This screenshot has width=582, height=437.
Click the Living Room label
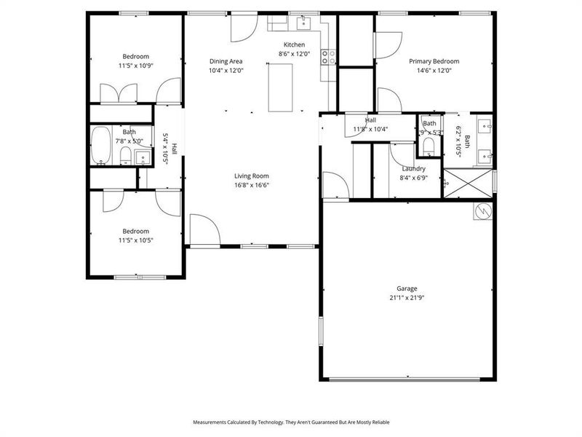tap(252, 176)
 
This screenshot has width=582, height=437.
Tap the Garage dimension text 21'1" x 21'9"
tap(407, 298)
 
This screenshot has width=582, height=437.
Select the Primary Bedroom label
tap(434, 62)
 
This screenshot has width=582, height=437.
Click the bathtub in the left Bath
tap(100, 146)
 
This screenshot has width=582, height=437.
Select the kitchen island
tap(281, 87)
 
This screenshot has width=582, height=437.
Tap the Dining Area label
tap(226, 62)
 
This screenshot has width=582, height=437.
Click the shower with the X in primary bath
tap(468, 183)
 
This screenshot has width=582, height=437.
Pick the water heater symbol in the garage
tap(482, 212)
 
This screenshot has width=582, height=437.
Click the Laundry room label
tap(413, 168)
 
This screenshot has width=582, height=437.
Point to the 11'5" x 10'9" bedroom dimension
tap(136, 66)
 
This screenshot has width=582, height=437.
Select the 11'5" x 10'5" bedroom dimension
tap(136, 240)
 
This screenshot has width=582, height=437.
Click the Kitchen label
tap(294, 44)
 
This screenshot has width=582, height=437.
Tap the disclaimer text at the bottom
tap(291, 422)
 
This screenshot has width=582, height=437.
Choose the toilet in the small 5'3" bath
tap(428, 147)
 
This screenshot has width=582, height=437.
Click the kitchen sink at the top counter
tap(303, 23)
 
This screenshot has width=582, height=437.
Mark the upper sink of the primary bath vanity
tap(486, 125)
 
